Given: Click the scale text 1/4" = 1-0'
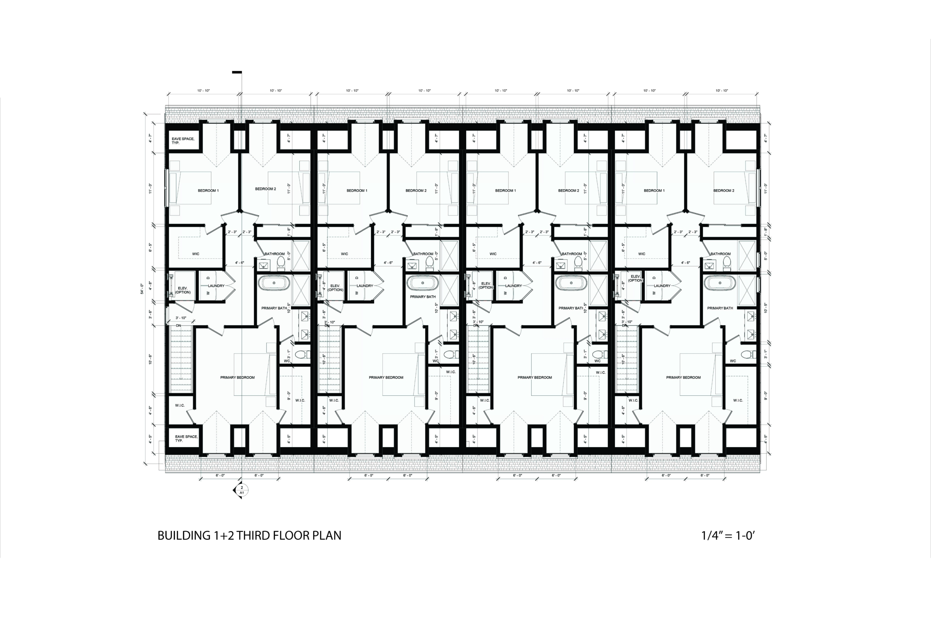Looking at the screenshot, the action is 728,536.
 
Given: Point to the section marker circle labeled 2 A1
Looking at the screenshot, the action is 242,490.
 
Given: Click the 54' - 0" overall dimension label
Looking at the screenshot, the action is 142,288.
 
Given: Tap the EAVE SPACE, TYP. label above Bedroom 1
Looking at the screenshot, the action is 183,140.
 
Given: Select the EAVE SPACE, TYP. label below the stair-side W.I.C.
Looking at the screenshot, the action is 187,438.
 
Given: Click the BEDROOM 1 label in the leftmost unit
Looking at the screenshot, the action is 208,191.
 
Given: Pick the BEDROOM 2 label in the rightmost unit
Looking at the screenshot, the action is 724,191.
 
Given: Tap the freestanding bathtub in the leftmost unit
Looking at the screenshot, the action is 274,283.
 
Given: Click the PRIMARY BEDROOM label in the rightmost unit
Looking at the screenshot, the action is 683,377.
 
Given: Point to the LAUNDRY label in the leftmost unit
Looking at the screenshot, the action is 216,286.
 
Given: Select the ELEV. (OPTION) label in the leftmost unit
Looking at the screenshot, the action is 183,290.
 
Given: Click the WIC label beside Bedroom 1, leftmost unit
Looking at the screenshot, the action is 196,254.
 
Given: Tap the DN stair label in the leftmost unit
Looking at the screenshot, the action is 179,326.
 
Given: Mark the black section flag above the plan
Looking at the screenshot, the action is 237,72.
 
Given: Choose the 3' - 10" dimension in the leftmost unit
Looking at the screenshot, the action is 181,318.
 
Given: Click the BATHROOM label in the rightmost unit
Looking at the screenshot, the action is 720,254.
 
